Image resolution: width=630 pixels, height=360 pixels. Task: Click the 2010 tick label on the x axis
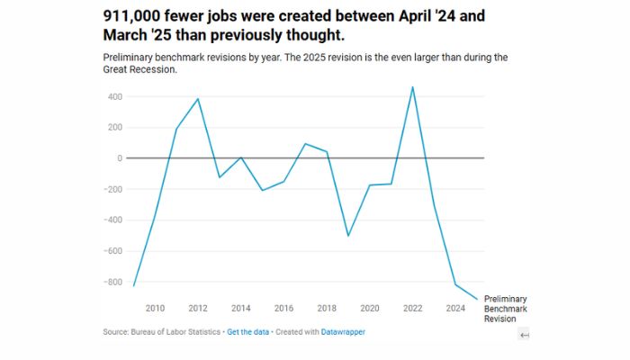pos(155,309)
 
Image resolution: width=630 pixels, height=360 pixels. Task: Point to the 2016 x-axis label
pos(283,309)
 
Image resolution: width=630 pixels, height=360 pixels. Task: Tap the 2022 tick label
pos(412,309)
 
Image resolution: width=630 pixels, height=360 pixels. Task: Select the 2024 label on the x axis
pos(455,309)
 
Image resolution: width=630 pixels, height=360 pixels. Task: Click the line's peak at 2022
pos(412,87)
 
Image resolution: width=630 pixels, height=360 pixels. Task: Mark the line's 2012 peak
pos(198,99)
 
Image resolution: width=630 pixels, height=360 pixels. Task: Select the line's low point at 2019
pos(348,236)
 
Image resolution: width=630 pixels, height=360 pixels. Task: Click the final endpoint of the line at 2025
pos(477,299)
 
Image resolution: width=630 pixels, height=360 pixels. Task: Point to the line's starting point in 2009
pos(133,286)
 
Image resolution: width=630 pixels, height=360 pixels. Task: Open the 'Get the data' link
pos(247,332)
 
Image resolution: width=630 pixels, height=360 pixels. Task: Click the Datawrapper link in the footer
pos(343,332)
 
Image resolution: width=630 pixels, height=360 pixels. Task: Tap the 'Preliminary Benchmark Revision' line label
pos(506,309)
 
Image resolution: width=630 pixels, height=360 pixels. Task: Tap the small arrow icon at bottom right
pos(525,335)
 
